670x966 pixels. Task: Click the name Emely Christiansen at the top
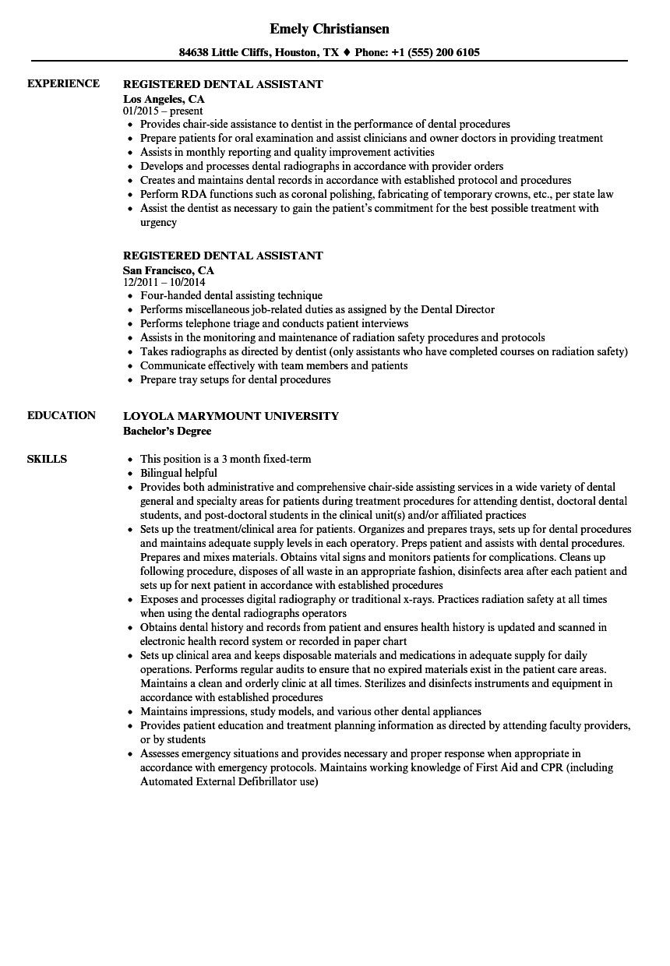click(330, 29)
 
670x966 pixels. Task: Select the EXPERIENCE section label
click(63, 83)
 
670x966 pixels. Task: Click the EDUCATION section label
click(62, 415)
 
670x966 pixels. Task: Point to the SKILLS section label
click(47, 459)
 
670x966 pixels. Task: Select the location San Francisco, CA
click(168, 270)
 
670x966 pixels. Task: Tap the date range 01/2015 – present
click(163, 111)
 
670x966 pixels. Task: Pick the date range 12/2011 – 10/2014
click(169, 283)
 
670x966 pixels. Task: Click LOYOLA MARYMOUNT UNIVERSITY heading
click(231, 416)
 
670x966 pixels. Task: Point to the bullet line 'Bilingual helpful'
click(178, 473)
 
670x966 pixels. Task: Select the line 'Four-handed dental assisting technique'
click(231, 296)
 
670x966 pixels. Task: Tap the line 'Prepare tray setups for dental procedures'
click(235, 380)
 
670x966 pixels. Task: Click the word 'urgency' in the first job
click(158, 223)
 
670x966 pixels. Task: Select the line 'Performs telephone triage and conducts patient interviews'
click(274, 324)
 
